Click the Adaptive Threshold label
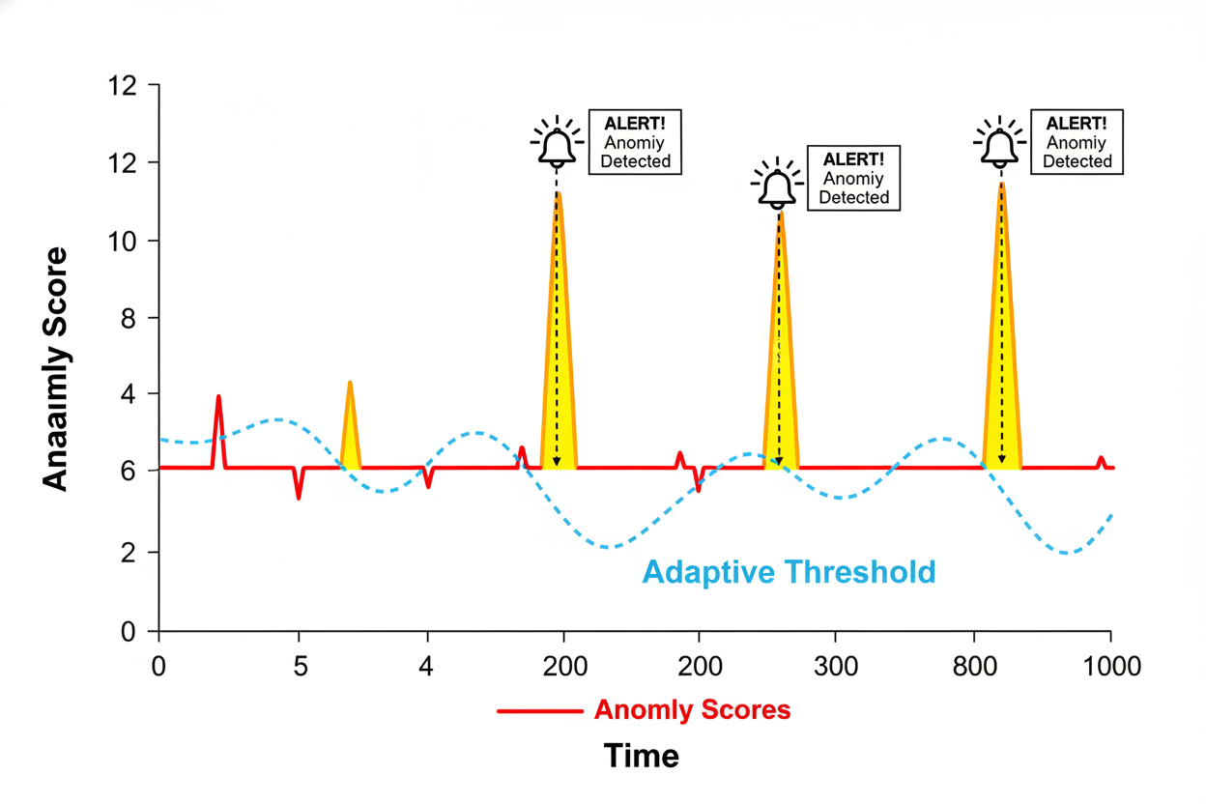click(789, 572)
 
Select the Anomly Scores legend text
click(692, 710)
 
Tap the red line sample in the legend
click(539, 711)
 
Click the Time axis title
click(642, 755)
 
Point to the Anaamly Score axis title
click(56, 368)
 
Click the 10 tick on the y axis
click(124, 241)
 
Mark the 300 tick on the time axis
click(836, 667)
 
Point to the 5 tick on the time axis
click(300, 667)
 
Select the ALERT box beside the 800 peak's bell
click(1077, 141)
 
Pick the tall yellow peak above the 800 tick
click(1002, 338)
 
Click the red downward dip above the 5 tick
click(299, 485)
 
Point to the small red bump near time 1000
click(1101, 462)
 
